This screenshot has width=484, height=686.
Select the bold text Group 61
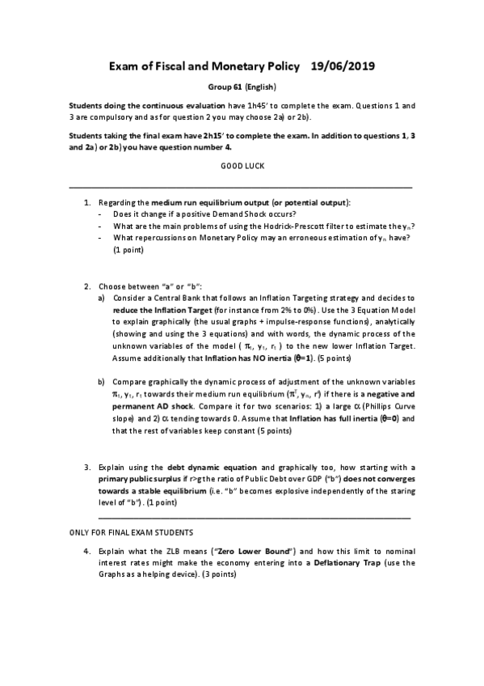coord(225,87)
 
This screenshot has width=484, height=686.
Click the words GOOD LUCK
coord(242,165)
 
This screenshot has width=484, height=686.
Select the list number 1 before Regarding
coord(87,201)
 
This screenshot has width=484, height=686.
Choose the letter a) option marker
coord(101,299)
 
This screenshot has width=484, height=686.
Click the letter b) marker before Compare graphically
coord(101,380)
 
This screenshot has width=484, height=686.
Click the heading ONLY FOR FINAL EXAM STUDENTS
coord(131,532)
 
